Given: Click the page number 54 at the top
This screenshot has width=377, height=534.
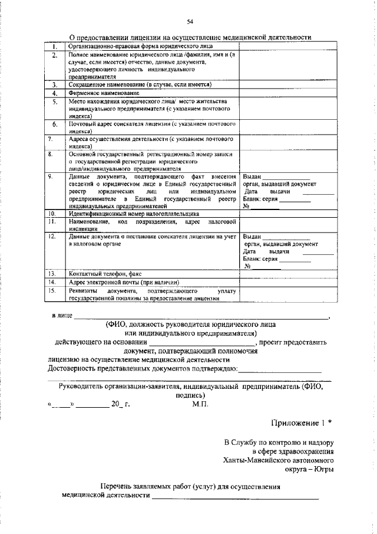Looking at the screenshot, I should (190, 22).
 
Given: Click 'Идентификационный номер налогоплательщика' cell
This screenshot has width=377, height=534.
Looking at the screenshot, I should (134, 214).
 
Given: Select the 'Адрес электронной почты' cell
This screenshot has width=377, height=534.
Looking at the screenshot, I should (123, 283).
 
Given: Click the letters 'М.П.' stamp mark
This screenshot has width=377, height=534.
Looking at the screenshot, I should (200, 405).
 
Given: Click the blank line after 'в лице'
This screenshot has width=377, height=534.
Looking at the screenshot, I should (200, 317).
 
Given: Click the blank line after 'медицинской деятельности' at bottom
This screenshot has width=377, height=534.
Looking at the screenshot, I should (236, 496).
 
